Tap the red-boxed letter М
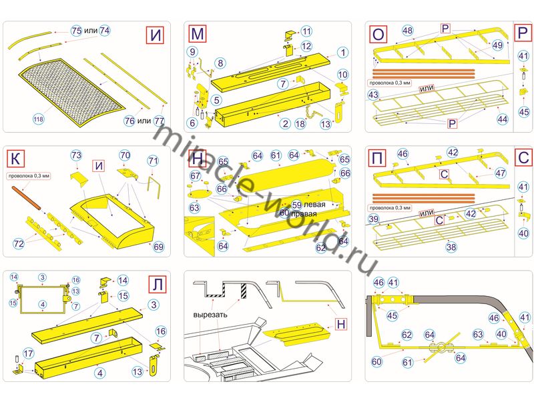click(198, 33)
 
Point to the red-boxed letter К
click(15, 159)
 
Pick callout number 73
click(76, 155)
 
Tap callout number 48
click(408, 30)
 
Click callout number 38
click(451, 247)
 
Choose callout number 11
click(306, 31)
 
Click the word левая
click(314, 204)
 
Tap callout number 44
click(502, 119)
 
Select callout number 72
click(19, 244)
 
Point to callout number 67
click(195, 176)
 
